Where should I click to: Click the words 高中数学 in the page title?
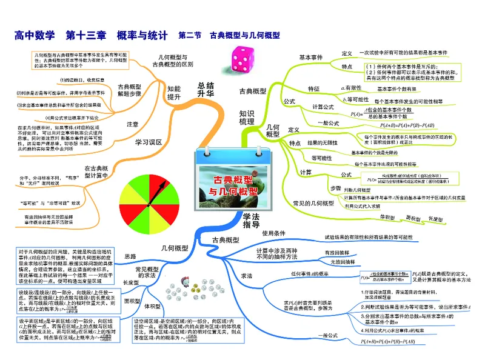[x=35, y=35]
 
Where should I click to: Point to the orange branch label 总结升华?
[x=206, y=89]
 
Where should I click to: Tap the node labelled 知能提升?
[x=174, y=93]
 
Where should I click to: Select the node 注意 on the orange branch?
[x=133, y=124]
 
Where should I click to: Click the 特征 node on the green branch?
[x=313, y=88]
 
